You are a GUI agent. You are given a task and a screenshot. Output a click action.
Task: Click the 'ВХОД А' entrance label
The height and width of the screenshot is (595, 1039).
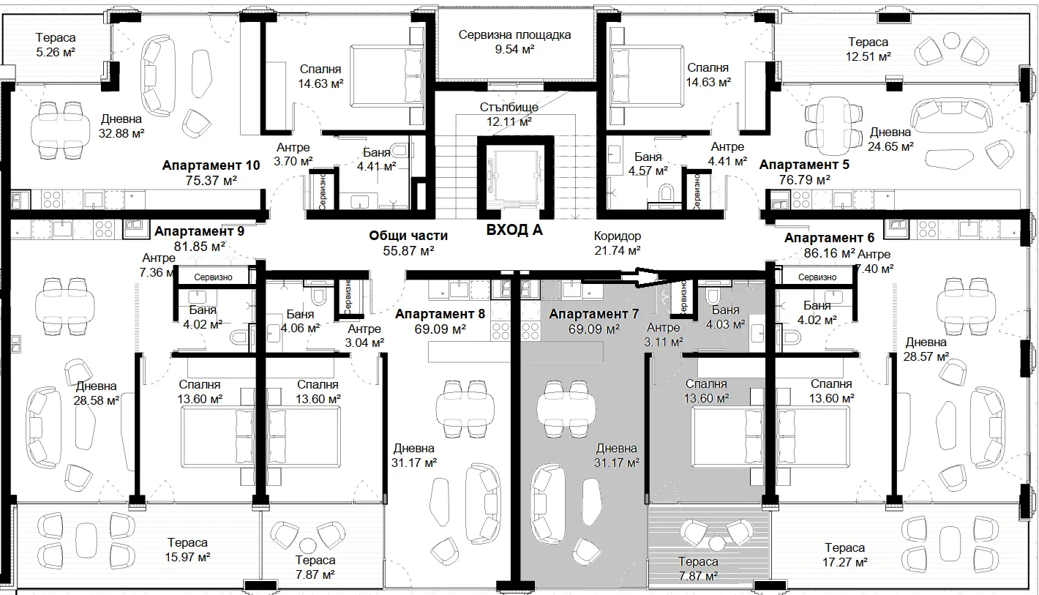click(514, 230)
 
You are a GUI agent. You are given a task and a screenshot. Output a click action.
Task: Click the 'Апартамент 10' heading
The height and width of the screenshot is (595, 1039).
click(211, 165)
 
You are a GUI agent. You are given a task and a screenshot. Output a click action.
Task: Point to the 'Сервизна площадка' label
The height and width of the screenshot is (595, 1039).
click(514, 35)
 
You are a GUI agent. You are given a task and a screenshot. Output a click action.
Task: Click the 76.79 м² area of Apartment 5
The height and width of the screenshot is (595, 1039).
click(804, 179)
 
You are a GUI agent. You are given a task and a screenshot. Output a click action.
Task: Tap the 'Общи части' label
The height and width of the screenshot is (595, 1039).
click(408, 236)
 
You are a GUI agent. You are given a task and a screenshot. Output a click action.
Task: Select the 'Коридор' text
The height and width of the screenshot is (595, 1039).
click(618, 236)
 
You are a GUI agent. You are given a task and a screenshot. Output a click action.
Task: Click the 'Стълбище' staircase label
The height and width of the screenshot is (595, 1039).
click(509, 107)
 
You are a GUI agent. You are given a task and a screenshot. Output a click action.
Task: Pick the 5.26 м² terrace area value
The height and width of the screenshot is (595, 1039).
click(56, 53)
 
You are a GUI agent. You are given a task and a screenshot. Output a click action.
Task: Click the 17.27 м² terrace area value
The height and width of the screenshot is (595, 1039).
click(844, 563)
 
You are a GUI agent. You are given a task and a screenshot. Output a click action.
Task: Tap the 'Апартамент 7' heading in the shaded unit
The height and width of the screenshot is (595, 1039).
click(593, 314)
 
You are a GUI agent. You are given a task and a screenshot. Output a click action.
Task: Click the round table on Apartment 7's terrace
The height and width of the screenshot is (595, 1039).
click(717, 544)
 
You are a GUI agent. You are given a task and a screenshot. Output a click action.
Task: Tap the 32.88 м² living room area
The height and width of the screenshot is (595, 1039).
click(121, 134)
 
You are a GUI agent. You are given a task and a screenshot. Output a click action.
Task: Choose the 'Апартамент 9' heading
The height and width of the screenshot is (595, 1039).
click(200, 231)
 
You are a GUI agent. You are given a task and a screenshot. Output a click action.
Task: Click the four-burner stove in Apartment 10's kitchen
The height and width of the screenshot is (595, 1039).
click(51, 201)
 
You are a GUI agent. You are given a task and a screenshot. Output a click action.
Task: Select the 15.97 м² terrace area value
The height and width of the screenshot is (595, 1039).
click(187, 557)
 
